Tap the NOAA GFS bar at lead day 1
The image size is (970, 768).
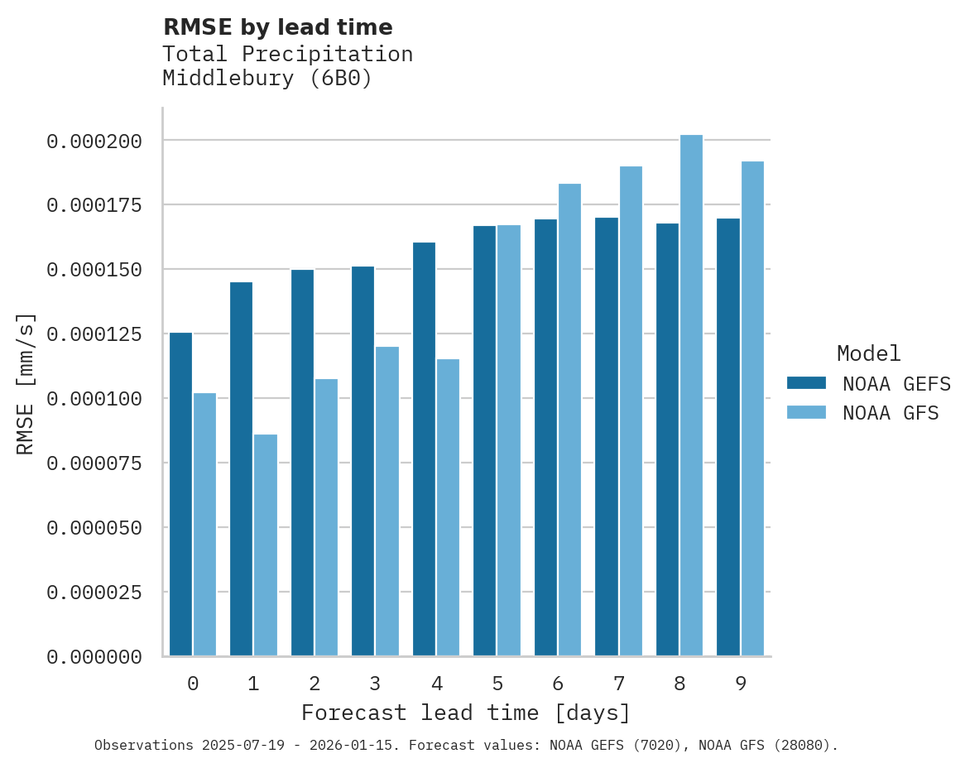tap(266, 545)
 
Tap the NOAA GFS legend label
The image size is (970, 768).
tap(891, 413)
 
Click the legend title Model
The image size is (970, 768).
tap(868, 353)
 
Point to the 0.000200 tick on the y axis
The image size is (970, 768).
tap(94, 142)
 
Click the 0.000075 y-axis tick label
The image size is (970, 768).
tap(94, 463)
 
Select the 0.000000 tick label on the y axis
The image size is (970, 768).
tap(94, 657)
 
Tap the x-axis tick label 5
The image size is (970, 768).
tap(497, 684)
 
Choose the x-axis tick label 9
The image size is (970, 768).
tap(741, 684)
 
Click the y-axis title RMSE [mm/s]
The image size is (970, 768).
tap(26, 383)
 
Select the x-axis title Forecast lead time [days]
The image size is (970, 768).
tap(466, 713)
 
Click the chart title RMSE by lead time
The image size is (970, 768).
tap(277, 27)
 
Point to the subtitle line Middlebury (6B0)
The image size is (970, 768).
tap(267, 79)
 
